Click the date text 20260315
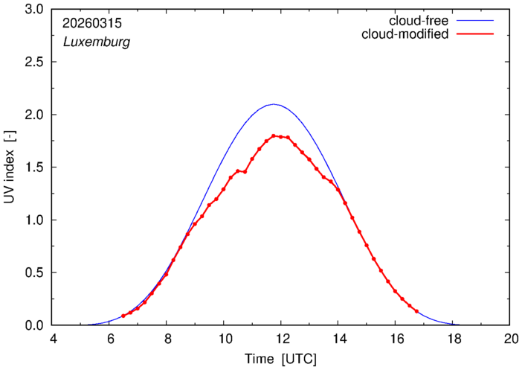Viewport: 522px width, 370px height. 92,23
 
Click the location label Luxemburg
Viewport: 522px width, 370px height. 97,42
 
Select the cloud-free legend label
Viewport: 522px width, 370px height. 419,21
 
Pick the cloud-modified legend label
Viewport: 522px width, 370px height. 405,34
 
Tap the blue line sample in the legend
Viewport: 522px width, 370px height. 475,21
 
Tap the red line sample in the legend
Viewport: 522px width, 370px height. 475,34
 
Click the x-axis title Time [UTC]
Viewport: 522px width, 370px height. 280,360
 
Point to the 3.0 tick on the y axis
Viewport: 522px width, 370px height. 34,10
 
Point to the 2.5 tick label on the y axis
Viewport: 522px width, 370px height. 34,62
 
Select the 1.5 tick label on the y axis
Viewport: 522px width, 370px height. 34,168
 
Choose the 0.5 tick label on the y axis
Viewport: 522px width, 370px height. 34,272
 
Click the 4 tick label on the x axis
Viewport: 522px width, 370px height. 53,339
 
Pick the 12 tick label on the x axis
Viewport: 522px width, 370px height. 282,339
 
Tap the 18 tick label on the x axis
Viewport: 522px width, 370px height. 454,339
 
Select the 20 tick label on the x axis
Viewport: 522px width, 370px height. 511,339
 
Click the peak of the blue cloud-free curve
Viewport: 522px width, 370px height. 274,104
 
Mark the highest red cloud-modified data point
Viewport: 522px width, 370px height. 274,135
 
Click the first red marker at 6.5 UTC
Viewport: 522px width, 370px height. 123,316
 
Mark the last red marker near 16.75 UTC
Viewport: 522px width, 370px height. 417,311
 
